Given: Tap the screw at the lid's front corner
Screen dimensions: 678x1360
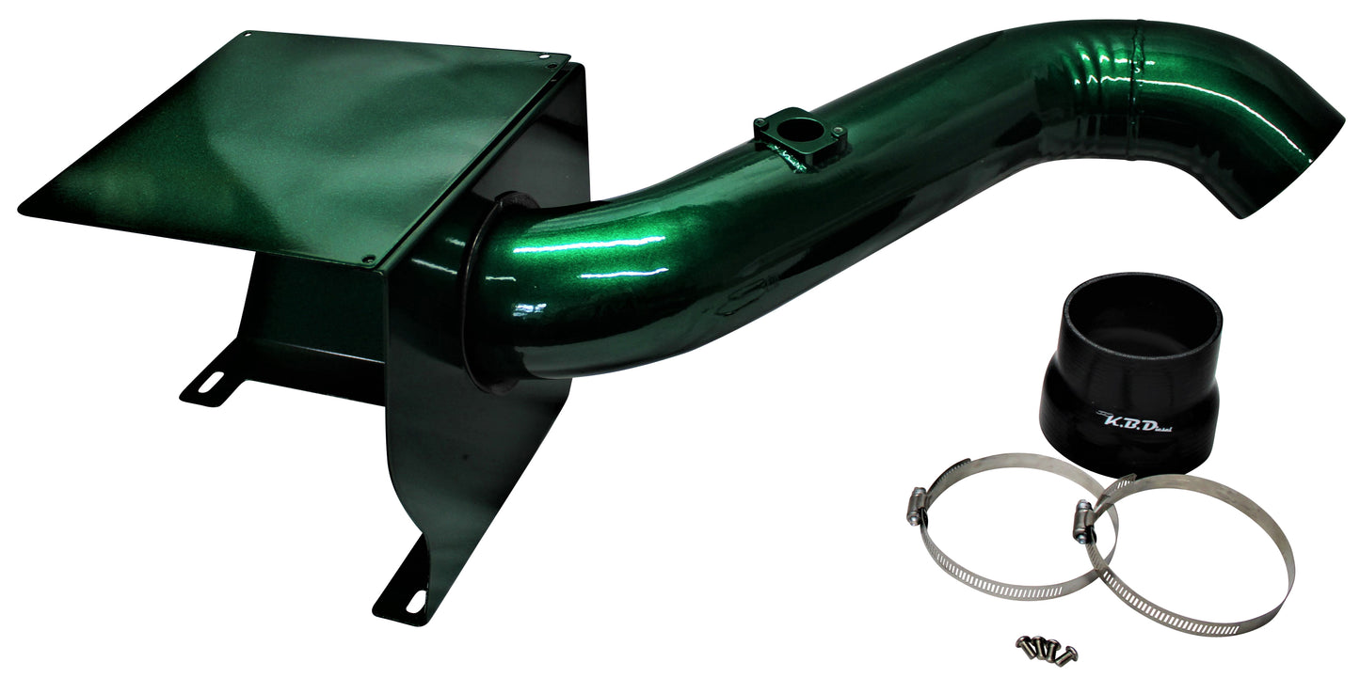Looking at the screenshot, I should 368,258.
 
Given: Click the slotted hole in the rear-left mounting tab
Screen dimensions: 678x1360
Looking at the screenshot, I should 213,381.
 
